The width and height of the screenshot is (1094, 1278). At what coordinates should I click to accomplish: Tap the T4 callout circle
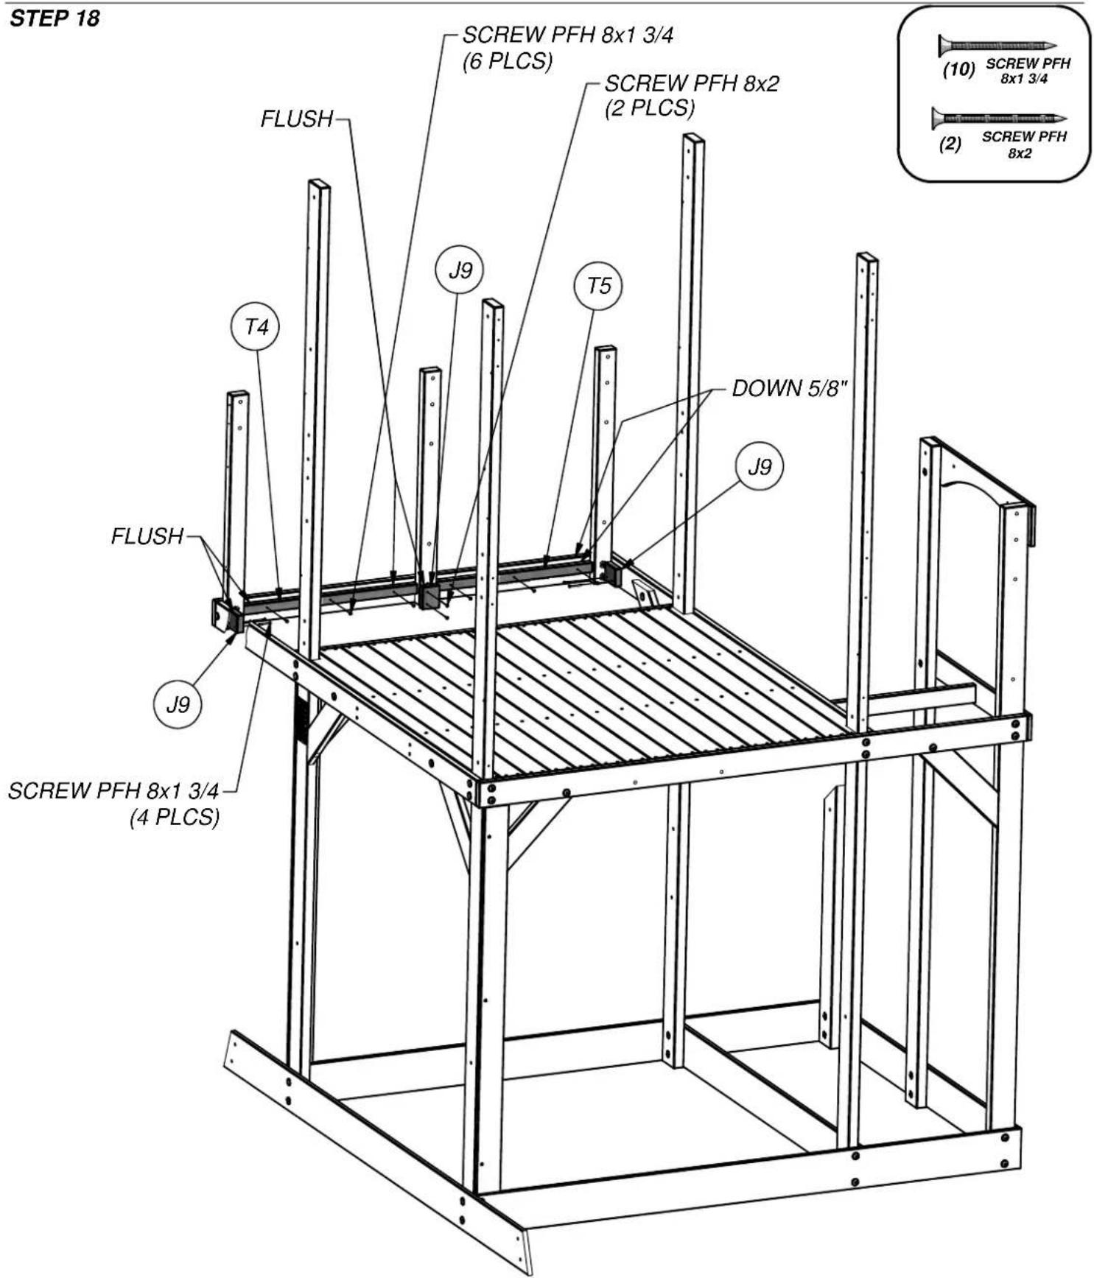click(256, 326)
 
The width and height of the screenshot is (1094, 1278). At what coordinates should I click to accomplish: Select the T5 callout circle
click(598, 286)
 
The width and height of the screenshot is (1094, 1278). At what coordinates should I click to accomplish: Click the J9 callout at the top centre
click(460, 270)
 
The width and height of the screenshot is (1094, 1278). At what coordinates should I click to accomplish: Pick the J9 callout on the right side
click(760, 466)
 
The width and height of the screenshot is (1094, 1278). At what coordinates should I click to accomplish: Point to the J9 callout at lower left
click(178, 704)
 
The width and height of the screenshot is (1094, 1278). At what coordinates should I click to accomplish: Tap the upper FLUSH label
click(297, 119)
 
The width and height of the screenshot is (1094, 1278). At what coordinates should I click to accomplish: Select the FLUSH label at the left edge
click(147, 536)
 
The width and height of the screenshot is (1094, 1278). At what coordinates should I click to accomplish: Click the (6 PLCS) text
click(508, 61)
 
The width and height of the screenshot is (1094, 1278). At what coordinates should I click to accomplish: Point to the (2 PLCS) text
click(650, 108)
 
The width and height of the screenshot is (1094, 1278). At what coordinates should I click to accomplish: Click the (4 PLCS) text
click(175, 817)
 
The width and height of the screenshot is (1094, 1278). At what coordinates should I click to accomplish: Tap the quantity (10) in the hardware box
click(958, 70)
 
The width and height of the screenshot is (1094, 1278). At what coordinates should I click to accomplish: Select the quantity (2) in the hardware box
click(950, 144)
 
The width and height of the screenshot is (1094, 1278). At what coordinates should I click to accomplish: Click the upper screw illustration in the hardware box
click(997, 46)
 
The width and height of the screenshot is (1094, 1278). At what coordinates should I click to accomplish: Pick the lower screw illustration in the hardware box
click(999, 118)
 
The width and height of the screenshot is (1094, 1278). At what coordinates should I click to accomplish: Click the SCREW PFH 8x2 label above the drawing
click(692, 84)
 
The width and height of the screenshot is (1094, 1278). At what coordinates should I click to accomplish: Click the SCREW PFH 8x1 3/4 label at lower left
click(113, 791)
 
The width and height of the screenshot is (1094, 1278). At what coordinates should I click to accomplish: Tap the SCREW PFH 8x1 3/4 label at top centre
click(568, 35)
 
